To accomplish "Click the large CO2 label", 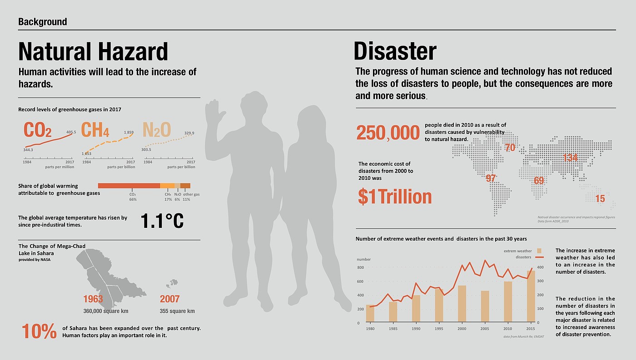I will (x=37, y=130).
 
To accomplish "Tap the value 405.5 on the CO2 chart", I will (x=71, y=132).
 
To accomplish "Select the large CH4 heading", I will (x=95, y=130).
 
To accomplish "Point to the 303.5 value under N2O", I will (x=146, y=149).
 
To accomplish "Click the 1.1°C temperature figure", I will (x=162, y=221).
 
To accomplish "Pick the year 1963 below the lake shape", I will (x=93, y=299).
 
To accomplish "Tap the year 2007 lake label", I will (x=170, y=299).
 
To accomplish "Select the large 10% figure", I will (x=39, y=331).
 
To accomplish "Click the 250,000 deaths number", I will (x=388, y=133).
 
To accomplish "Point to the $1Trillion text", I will (x=394, y=197).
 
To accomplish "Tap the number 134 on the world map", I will (x=570, y=158).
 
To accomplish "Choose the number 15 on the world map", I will (x=600, y=199).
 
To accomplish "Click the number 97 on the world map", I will (x=491, y=178).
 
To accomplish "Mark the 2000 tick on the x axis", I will (x=462, y=329).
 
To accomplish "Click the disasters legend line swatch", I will (x=540, y=257).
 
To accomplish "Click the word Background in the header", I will (x=43, y=22).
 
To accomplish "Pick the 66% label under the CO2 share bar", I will (x=133, y=199).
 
